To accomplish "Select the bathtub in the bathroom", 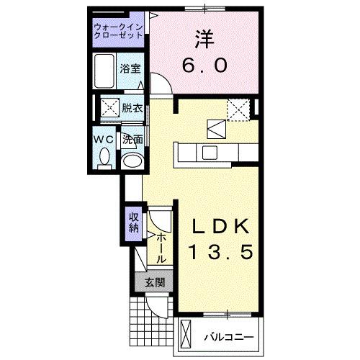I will pyautogui.click(x=107, y=71).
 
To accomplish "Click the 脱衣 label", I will pyautogui.click(x=132, y=109).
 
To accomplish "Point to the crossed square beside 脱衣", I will pyautogui.click(x=110, y=109).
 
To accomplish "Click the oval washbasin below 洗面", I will pyautogui.click(x=131, y=159).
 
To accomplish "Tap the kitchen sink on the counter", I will pyautogui.click(x=210, y=152).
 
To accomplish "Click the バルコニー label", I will pyautogui.click(x=227, y=336).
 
